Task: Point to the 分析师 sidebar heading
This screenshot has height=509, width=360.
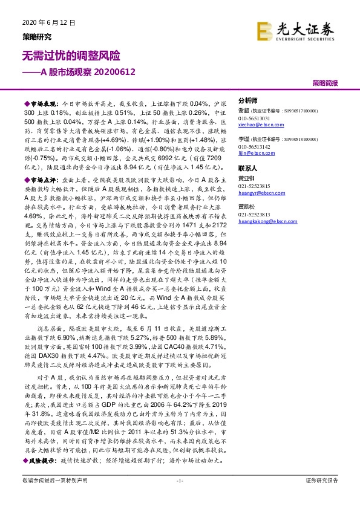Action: pyautogui.click(x=248, y=100)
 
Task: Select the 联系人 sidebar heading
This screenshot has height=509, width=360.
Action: pyautogui.click(x=248, y=169)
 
